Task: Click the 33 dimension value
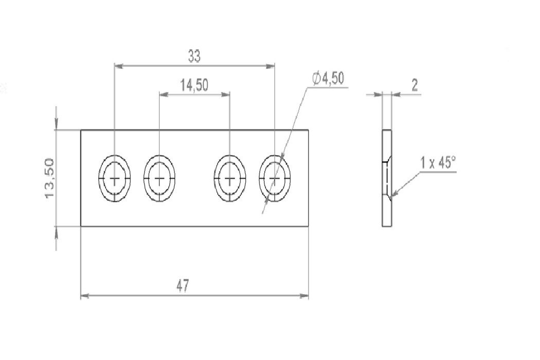(194, 56)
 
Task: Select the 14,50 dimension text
(194, 85)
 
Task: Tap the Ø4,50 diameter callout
(328, 79)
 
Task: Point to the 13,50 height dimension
(49, 178)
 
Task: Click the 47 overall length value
(183, 285)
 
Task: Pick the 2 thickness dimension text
(415, 85)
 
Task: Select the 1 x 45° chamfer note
(438, 163)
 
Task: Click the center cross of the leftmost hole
(114, 178)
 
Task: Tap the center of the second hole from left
(159, 178)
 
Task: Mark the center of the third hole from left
(229, 178)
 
